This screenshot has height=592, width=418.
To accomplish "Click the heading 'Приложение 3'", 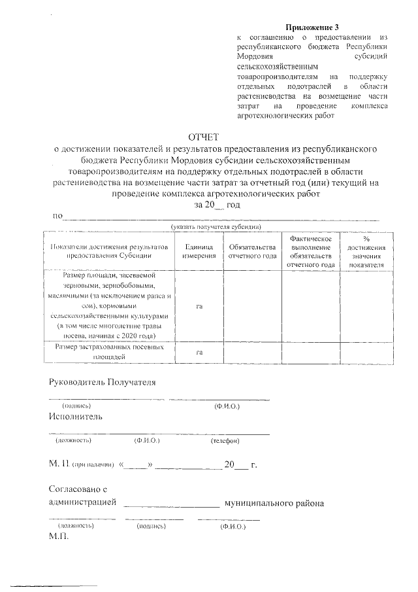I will click(313, 27).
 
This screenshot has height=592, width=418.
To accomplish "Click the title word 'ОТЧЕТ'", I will click(207, 137).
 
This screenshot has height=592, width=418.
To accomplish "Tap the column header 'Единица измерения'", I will click(199, 252).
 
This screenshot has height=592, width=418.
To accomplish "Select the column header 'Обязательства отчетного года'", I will click(252, 252).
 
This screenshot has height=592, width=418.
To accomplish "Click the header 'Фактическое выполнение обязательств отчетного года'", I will click(311, 252).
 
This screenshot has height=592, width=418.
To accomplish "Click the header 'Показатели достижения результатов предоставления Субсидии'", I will click(108, 252).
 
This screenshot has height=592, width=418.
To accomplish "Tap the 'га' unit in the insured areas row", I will click(199, 353).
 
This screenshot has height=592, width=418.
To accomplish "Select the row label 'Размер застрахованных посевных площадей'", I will click(108, 353).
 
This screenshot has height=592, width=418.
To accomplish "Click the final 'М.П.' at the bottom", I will click(58, 536).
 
